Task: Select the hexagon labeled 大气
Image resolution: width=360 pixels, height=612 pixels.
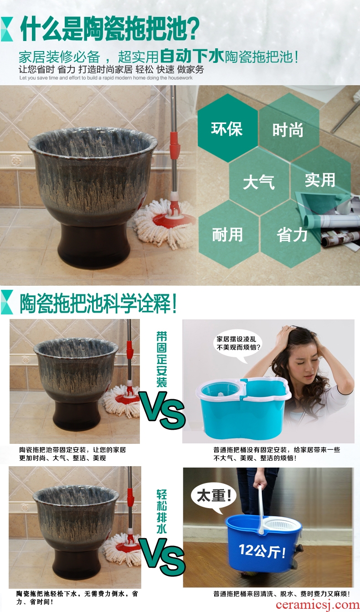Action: pyautogui.click(x=259, y=181)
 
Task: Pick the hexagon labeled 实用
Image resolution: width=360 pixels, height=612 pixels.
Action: pyautogui.click(x=320, y=180)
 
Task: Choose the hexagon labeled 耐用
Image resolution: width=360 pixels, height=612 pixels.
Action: pyautogui.click(x=228, y=234)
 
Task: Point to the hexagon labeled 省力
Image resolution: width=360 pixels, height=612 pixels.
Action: pyautogui.click(x=291, y=234)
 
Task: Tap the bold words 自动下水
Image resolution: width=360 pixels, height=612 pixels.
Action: pyautogui.click(x=192, y=56)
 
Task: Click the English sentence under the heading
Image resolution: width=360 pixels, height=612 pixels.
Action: pyautogui.click(x=106, y=78)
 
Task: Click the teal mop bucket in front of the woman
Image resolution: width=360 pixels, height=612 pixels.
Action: pyautogui.click(x=243, y=407)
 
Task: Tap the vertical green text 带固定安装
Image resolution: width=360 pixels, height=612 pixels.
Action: pyautogui.click(x=161, y=359)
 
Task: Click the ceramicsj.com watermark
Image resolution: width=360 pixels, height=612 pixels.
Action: pyautogui.click(x=318, y=604)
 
